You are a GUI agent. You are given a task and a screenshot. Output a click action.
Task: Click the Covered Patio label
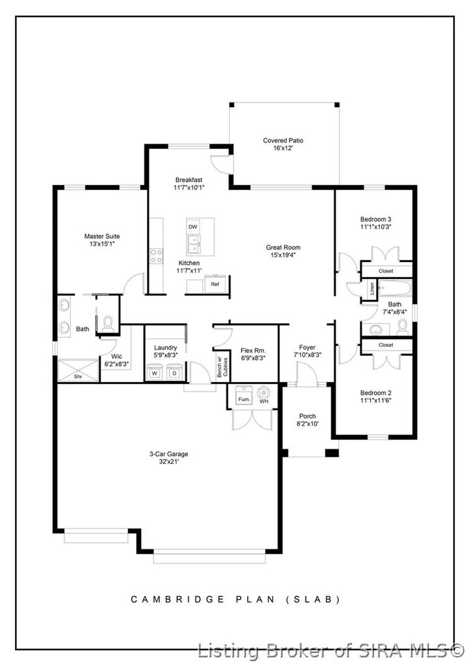[283, 140]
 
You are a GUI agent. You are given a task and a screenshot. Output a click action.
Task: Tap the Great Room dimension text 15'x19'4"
[283, 255]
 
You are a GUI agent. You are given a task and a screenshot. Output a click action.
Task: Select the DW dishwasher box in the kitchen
[193, 227]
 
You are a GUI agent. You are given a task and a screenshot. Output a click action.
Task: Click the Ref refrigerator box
[215, 285]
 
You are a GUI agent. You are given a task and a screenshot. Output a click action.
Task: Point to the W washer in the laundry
[155, 374]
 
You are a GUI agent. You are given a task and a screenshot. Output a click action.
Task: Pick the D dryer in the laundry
[174, 374]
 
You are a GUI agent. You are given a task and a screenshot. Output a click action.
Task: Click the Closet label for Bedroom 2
[386, 345]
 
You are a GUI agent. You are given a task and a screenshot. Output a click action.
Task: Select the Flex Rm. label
[251, 350]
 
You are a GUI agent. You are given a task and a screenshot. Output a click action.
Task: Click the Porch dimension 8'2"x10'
[307, 424]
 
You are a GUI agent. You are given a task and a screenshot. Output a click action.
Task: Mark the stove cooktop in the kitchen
[157, 255]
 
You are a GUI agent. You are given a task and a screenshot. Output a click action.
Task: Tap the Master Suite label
[102, 236]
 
